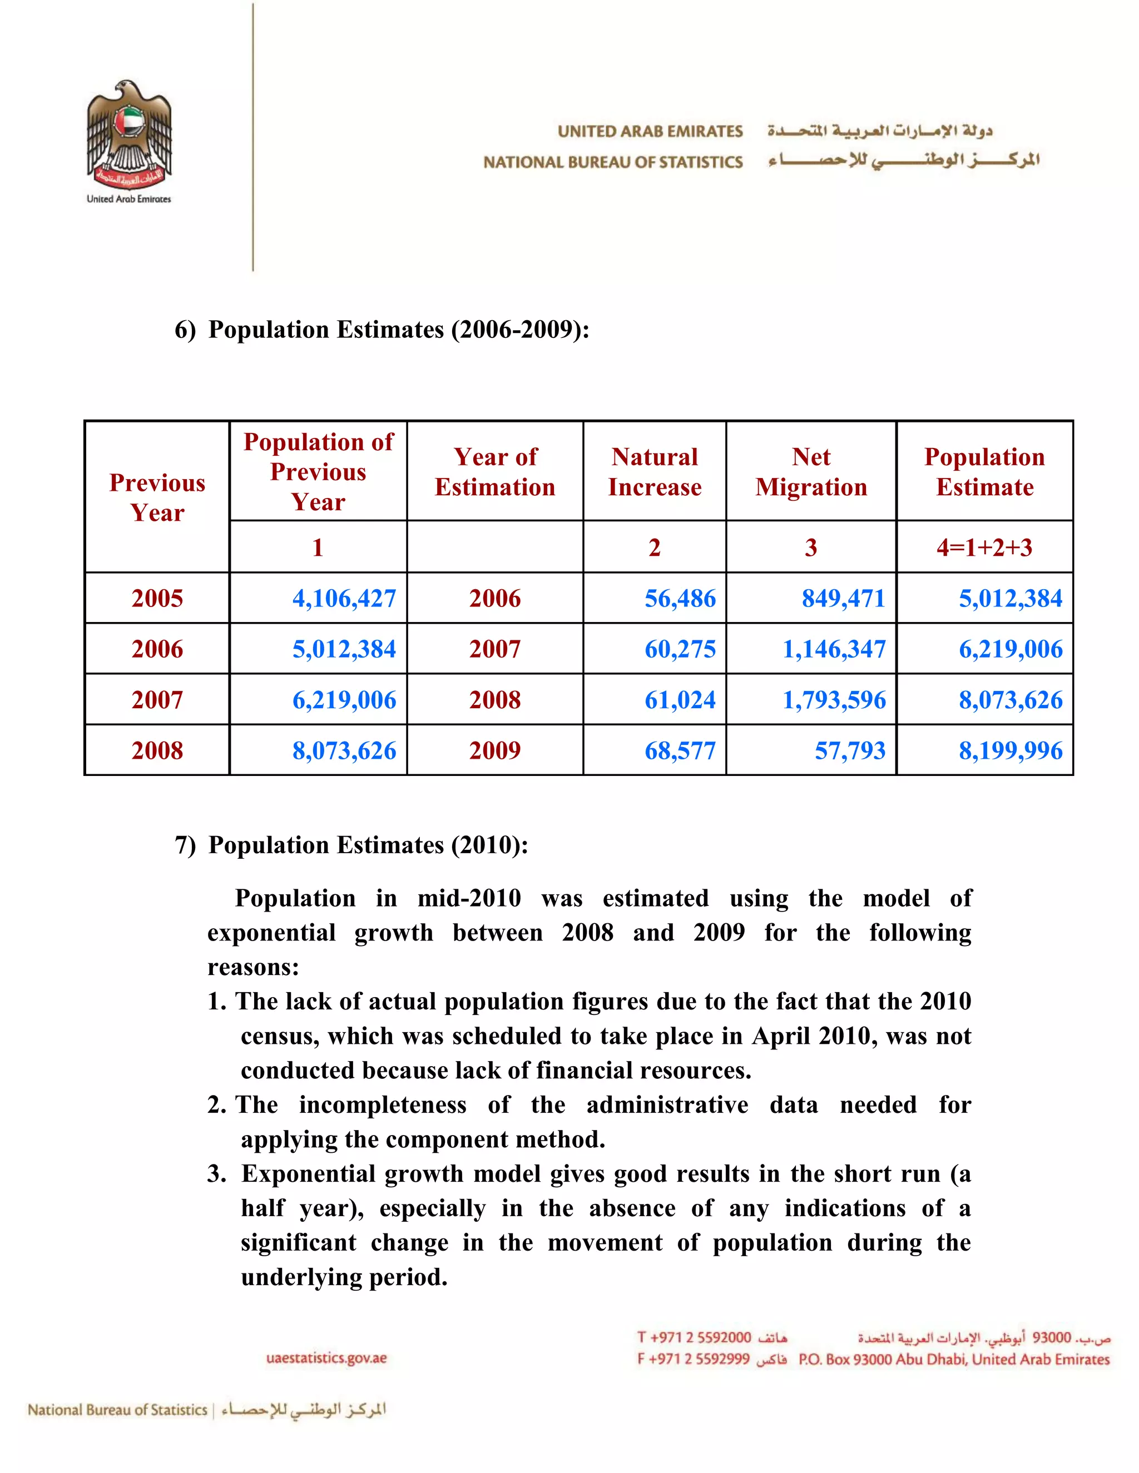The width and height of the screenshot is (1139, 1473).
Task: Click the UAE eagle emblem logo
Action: [x=129, y=135]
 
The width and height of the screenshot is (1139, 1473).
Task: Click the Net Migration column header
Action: [x=811, y=471]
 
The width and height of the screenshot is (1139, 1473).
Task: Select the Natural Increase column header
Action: [x=654, y=471]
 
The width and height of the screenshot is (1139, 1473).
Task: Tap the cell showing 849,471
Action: [x=843, y=598]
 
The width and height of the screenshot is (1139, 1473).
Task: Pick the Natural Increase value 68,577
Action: [x=680, y=750]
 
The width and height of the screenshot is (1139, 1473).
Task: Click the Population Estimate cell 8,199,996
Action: [x=1010, y=750]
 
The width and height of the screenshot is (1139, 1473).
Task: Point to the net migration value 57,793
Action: [x=850, y=750]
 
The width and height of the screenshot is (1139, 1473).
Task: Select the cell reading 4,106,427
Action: [x=344, y=598]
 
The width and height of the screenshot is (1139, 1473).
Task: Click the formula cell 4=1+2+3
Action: [x=984, y=547]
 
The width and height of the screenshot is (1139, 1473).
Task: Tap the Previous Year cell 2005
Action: [x=157, y=598]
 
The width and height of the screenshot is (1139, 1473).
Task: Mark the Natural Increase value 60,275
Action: [x=680, y=649]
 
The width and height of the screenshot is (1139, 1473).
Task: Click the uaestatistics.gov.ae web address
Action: [x=326, y=1358]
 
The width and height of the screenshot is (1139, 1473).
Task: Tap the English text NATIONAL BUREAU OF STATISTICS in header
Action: [x=613, y=162]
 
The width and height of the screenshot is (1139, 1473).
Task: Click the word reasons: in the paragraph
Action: [x=253, y=967]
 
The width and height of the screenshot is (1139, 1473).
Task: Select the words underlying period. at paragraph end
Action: [x=344, y=1277]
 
